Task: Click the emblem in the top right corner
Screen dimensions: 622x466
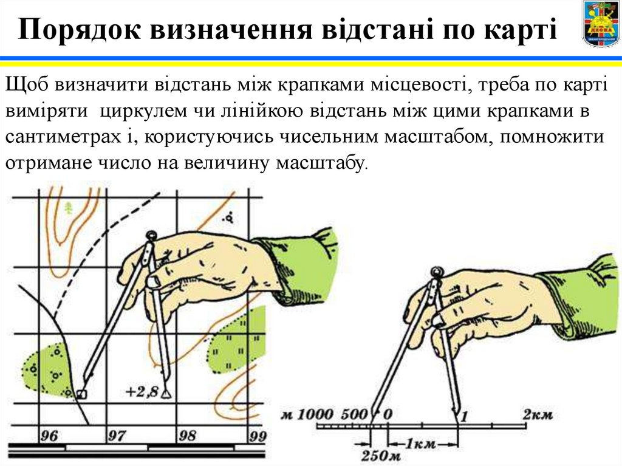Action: point(601,24)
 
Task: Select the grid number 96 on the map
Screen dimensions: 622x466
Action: point(49,436)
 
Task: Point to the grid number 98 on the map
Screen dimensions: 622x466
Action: point(188,436)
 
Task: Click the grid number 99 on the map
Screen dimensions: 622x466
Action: point(258,436)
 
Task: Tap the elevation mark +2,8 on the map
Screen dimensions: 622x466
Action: point(143,391)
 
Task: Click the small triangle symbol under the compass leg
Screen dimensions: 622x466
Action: point(166,394)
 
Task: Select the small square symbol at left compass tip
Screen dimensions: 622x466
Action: point(81,394)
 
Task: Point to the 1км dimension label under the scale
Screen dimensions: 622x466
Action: point(420,444)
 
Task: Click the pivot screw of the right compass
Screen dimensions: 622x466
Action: point(435,271)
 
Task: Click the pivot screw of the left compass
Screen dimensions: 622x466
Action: point(151,235)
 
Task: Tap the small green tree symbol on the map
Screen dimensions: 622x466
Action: point(69,208)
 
